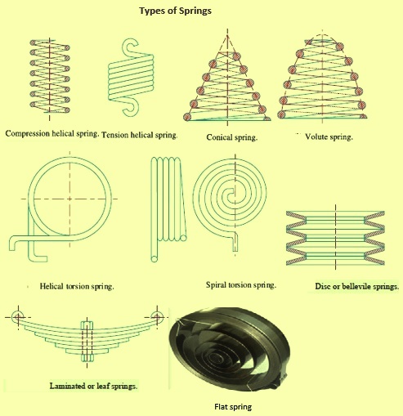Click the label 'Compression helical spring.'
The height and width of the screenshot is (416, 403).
(51, 132)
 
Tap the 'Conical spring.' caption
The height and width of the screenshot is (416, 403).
(232, 138)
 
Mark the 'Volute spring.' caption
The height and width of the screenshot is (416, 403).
(329, 137)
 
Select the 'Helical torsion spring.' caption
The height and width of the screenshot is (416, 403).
(76, 288)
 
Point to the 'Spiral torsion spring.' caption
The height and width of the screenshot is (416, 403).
(241, 286)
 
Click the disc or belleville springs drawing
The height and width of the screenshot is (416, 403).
(342, 239)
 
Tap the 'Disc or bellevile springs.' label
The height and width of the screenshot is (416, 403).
(356, 288)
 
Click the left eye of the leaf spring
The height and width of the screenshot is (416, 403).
(17, 316)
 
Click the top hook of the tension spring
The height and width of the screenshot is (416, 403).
(129, 47)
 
